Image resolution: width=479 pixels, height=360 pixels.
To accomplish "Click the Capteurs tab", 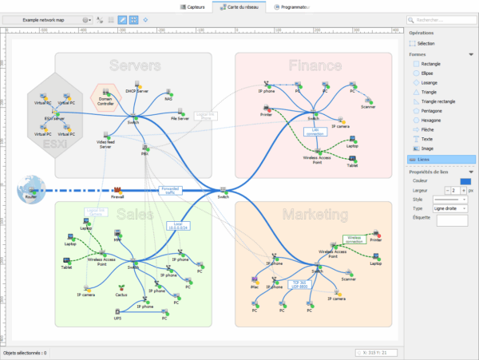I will click(x=192, y=6).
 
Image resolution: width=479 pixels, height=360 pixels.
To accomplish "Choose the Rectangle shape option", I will click(x=430, y=63).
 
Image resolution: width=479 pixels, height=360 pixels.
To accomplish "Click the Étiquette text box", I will click(x=453, y=220).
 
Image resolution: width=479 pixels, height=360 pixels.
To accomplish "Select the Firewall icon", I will click(x=117, y=188).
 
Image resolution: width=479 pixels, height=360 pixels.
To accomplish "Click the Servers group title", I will click(x=135, y=65).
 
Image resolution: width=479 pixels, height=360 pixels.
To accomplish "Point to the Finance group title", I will click(x=315, y=65).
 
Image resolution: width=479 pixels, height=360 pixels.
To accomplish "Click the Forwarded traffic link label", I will click(x=171, y=190).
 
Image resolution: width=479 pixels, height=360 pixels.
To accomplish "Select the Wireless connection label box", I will click(x=354, y=238).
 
